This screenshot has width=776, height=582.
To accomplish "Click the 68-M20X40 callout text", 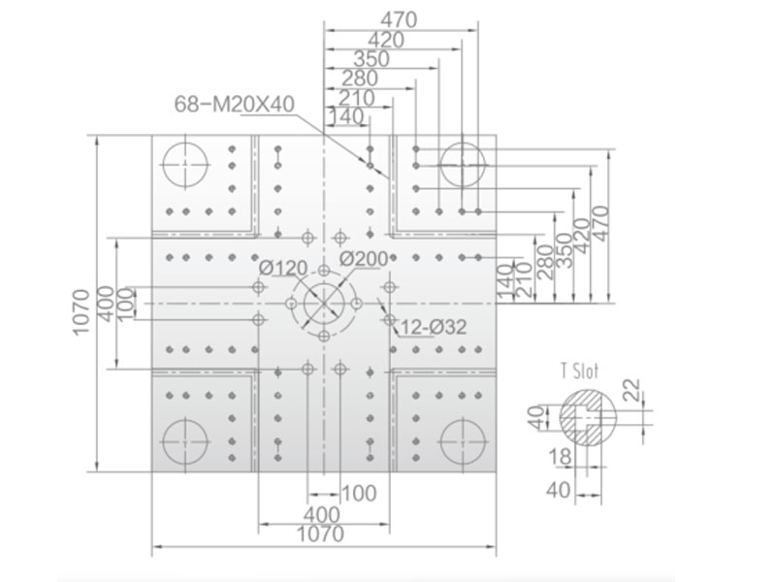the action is click(234, 104).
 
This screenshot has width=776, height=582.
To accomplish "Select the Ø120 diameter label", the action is click(283, 269).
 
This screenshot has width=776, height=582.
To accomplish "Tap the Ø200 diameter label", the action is click(364, 258).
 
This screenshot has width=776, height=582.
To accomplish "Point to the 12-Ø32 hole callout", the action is click(433, 327).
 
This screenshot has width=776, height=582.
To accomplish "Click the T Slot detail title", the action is click(579, 371).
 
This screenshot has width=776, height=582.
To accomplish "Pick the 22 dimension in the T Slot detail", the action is click(631, 390).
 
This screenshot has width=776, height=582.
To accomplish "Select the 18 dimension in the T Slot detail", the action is click(560, 457).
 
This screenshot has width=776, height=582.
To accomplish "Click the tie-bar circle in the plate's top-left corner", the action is click(184, 165).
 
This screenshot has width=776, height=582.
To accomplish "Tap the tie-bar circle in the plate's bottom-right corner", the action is click(463, 441).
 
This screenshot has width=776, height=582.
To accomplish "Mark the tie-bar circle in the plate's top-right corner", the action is click(463, 165).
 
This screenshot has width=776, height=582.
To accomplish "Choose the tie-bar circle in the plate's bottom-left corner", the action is click(184, 441).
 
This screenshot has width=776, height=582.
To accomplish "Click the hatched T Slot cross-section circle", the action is click(589, 417).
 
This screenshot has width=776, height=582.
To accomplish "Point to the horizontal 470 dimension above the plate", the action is click(399, 19).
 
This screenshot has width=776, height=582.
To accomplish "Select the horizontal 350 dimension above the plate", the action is click(372, 59).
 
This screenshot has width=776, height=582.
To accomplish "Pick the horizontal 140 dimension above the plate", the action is click(346, 116).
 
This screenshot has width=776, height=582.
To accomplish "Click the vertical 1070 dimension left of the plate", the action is click(81, 312).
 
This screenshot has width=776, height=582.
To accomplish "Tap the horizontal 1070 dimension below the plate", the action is click(320, 534).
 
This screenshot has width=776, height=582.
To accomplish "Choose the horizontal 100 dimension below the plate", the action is click(359, 494).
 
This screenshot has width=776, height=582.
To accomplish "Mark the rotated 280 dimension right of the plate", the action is click(545, 262).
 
